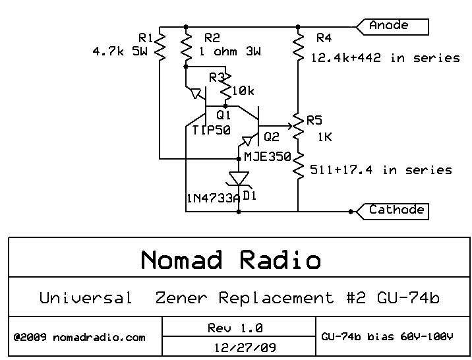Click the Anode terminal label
click(x=389, y=26)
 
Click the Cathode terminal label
click(x=396, y=210)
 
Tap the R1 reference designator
click(x=146, y=37)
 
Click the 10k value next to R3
click(x=243, y=91)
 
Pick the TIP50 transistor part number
click(x=211, y=130)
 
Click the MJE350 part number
click(x=267, y=157)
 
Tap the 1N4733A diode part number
click(x=212, y=197)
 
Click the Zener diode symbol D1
click(x=239, y=178)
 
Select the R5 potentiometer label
click(x=314, y=120)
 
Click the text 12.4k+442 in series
click(x=386, y=58)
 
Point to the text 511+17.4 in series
click(x=381, y=170)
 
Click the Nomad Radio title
click(x=231, y=260)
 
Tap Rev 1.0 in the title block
click(x=235, y=328)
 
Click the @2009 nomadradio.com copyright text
click(x=79, y=337)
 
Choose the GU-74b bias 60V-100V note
click(x=387, y=337)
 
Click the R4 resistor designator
click(x=324, y=38)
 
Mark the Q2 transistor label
click(x=271, y=137)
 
